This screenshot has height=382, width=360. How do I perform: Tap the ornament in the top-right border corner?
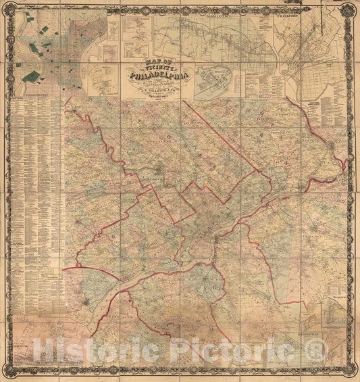tap(350, 9)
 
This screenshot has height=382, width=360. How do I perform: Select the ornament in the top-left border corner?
tap(9, 9)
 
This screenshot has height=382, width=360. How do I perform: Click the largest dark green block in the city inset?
tap(30, 76)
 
